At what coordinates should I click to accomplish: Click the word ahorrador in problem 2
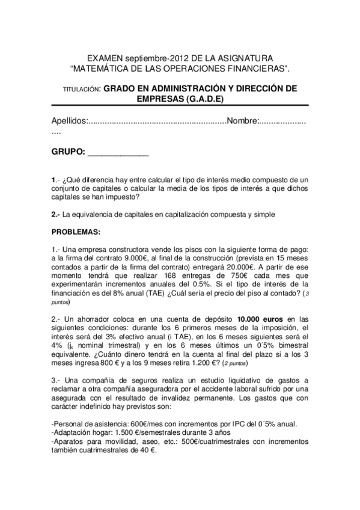click(92, 318)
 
